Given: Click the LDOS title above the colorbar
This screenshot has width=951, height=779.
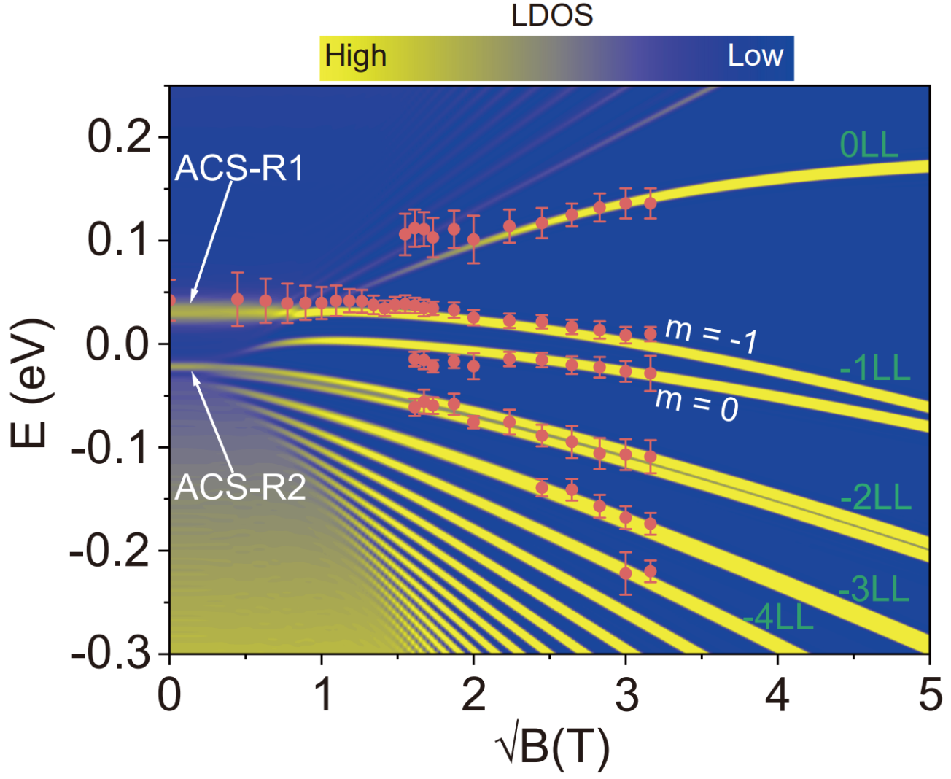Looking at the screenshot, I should pyautogui.click(x=552, y=15).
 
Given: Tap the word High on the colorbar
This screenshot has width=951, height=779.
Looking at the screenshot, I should pyautogui.click(x=356, y=56).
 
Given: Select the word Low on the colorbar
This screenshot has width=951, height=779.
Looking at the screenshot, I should pyautogui.click(x=755, y=56).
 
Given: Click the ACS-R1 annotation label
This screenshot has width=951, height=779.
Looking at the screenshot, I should pyautogui.click(x=239, y=168).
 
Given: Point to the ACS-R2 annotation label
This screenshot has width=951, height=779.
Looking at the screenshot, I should pyautogui.click(x=241, y=487).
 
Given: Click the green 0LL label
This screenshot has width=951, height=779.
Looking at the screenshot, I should pyautogui.click(x=869, y=145).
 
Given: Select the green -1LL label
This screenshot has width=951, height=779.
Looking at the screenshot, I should pyautogui.click(x=874, y=370).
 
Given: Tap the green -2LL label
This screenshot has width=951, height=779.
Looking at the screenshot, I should pyautogui.click(x=876, y=498).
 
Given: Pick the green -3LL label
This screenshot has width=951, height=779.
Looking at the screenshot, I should pyautogui.click(x=874, y=589).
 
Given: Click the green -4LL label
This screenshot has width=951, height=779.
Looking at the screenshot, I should pyautogui.click(x=777, y=618).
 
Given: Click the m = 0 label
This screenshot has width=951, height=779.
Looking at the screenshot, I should pyautogui.click(x=696, y=404).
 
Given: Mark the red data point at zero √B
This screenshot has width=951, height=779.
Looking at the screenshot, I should pyautogui.click(x=170, y=300).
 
